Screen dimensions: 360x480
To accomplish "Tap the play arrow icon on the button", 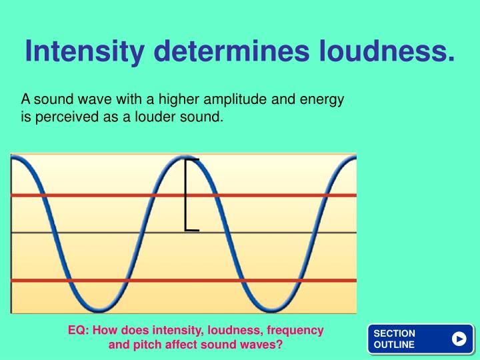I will (459, 339).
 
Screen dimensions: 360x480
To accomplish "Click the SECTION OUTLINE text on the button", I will (395, 339).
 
